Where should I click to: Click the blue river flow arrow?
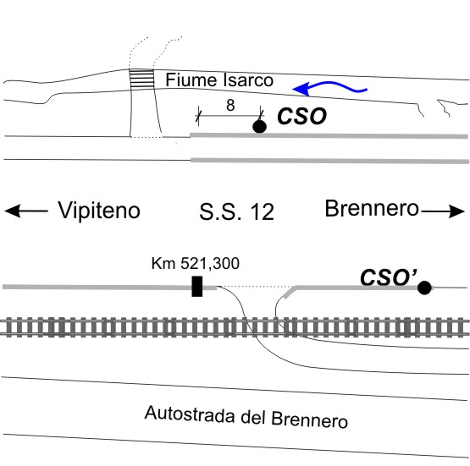click(329, 86)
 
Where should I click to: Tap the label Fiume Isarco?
click(219, 79)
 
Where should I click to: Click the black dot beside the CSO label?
click(260, 126)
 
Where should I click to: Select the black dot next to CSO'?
click(424, 288)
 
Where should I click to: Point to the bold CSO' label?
click(389, 277)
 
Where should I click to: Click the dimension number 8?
click(230, 106)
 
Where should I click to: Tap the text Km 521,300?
click(196, 263)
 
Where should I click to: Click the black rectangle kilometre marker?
click(197, 287)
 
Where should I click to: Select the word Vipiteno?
click(99, 211)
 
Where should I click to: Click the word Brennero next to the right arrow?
click(372, 208)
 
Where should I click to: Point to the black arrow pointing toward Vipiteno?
click(26, 211)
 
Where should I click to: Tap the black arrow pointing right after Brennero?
click(443, 211)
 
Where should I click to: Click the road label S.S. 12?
click(237, 212)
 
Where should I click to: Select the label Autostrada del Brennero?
click(246, 417)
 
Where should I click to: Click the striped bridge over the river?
click(141, 79)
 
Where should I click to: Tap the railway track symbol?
click(235, 326)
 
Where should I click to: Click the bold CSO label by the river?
click(301, 116)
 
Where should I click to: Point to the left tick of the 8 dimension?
click(198, 114)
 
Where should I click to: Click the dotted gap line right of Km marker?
click(256, 287)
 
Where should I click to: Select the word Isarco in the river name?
click(248, 79)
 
